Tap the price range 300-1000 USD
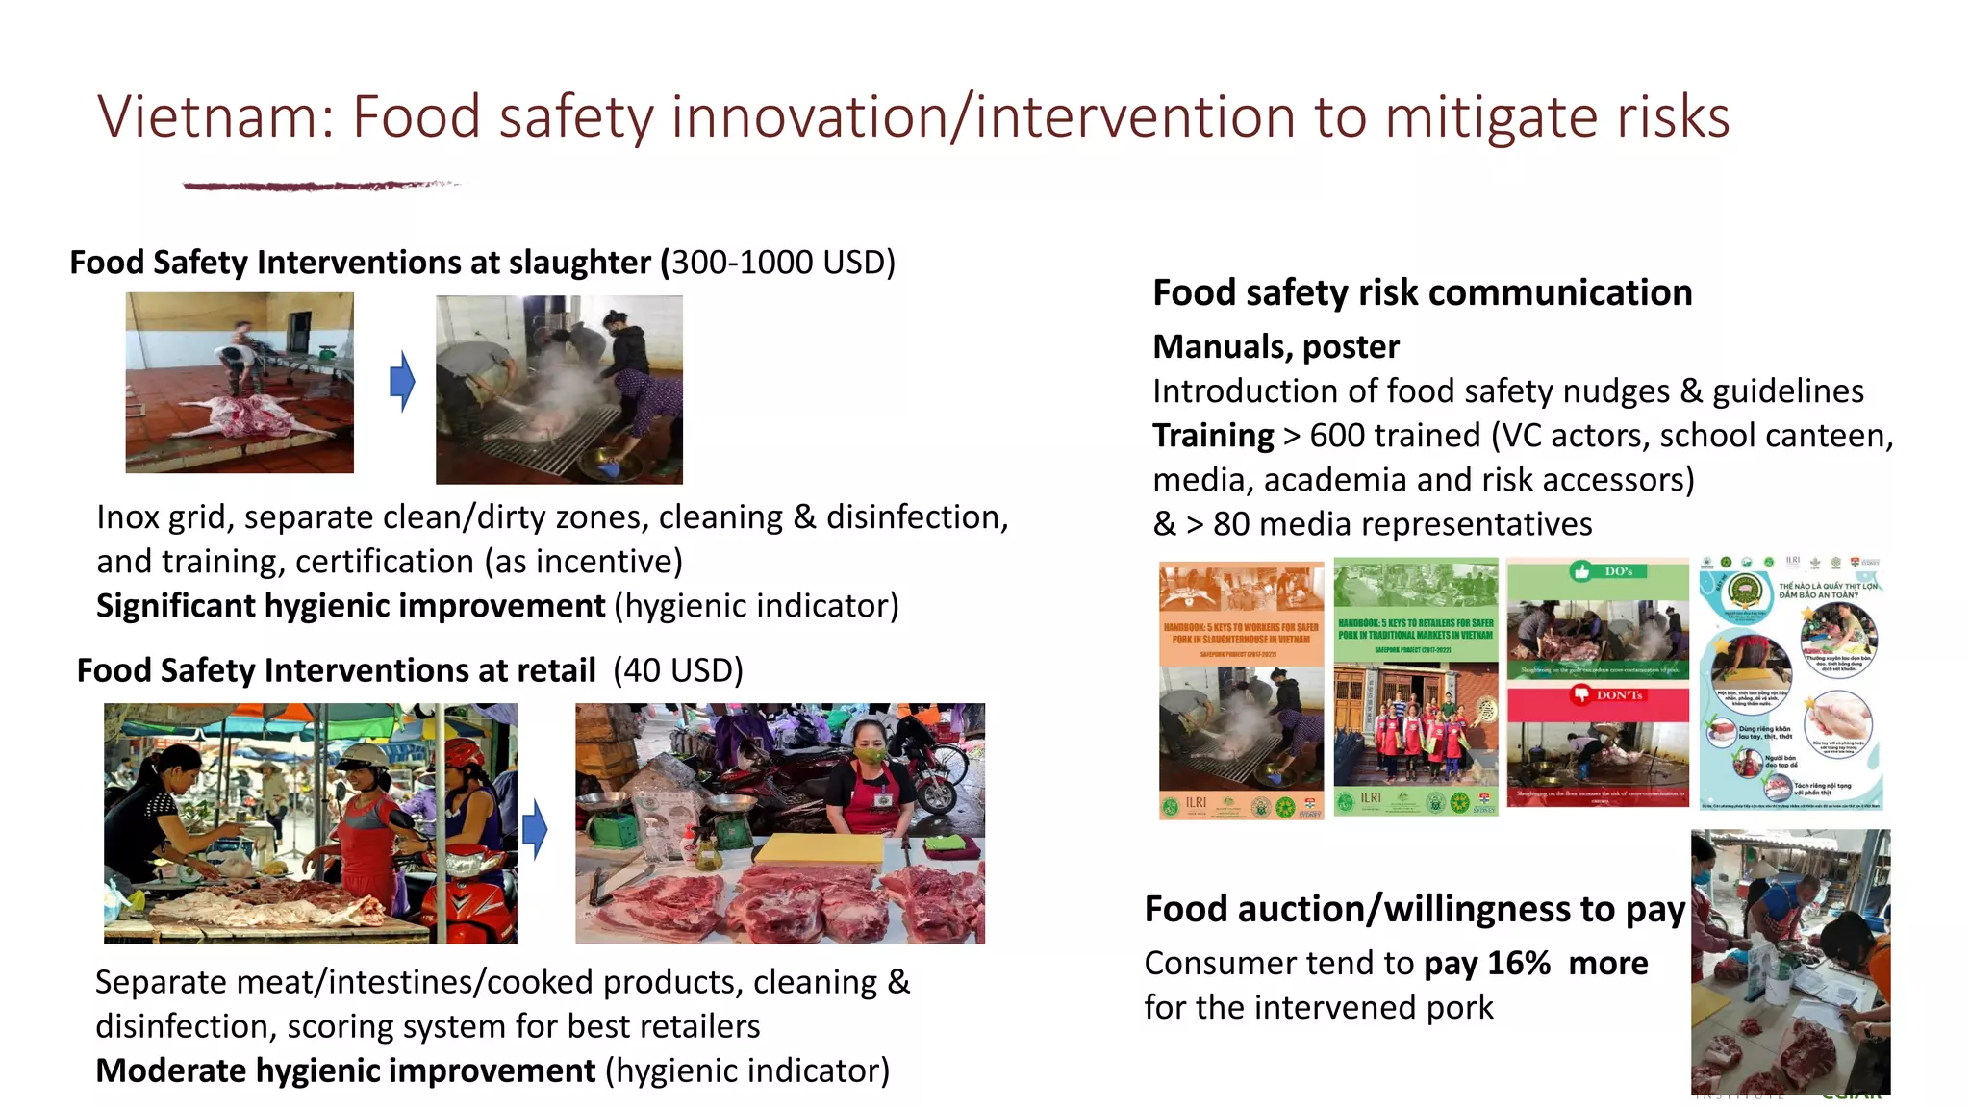point(781,262)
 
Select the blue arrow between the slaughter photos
point(402,381)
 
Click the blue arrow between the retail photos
point(535,829)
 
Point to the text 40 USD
point(679,670)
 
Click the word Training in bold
point(1213,436)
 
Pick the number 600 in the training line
point(1347,436)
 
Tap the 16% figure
point(1519,963)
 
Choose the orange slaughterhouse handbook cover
point(1241,689)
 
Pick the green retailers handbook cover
point(1416,687)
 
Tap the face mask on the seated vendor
point(871,756)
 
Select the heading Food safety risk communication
point(1422,292)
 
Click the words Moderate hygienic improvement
point(345,1070)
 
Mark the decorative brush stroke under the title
point(317,185)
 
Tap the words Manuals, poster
point(1275,346)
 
